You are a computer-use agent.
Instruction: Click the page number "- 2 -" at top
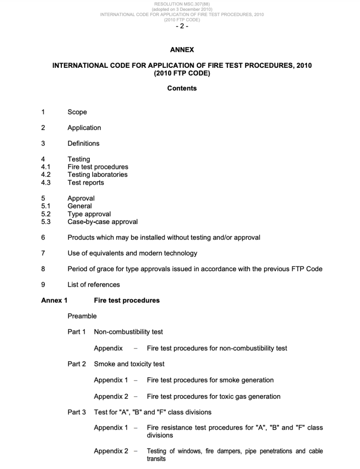pyautogui.click(x=182, y=27)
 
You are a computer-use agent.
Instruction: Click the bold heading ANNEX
pyautogui.click(x=182, y=50)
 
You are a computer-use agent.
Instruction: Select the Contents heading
pyautogui.click(x=182, y=88)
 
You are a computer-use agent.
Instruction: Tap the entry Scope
pyautogui.click(x=77, y=112)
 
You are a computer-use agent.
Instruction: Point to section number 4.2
pyautogui.click(x=46, y=175)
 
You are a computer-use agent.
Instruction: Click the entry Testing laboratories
pyautogui.click(x=98, y=175)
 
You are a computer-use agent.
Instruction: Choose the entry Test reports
pyautogui.click(x=86, y=183)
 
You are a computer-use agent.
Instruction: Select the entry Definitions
pyautogui.click(x=83, y=143)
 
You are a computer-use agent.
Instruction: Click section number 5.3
pyautogui.click(x=46, y=222)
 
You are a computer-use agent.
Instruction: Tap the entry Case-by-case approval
pyautogui.click(x=103, y=222)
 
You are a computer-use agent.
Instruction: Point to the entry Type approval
pyautogui.click(x=89, y=214)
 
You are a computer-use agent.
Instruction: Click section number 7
pyautogui.click(x=43, y=253)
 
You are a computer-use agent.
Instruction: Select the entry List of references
pyautogui.click(x=93, y=284)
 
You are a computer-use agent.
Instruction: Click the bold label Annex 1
pyautogui.click(x=54, y=300)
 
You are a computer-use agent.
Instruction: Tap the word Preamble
pyautogui.click(x=82, y=316)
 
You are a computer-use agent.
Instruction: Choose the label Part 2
pyautogui.click(x=76, y=364)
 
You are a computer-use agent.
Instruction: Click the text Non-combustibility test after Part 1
pyautogui.click(x=128, y=332)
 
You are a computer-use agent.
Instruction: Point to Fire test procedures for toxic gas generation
pyautogui.click(x=213, y=396)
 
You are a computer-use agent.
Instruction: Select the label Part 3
pyautogui.click(x=76, y=412)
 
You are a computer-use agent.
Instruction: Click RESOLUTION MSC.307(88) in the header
pyautogui.click(x=182, y=4)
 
